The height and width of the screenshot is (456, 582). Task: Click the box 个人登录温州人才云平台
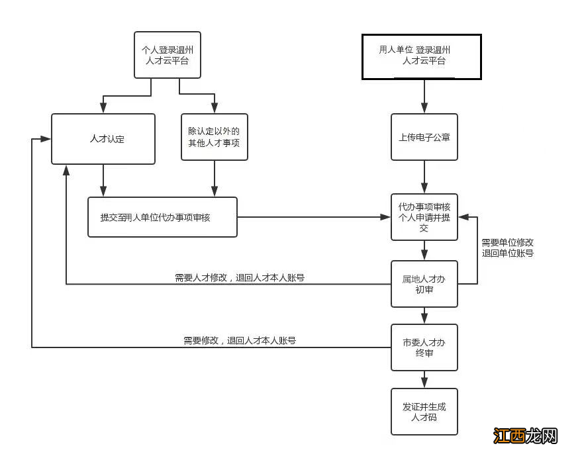(167, 55)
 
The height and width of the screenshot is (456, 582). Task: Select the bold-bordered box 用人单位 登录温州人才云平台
(421, 57)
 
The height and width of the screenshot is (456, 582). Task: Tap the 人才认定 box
(103, 139)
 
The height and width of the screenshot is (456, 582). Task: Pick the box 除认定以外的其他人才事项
(215, 137)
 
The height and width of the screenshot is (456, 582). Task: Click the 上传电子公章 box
(424, 138)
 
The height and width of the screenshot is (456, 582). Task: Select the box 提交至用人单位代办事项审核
(162, 217)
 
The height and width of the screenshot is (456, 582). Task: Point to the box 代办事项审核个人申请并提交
(424, 217)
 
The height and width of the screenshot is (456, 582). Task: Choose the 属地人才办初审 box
(424, 284)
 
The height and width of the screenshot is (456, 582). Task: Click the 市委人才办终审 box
(424, 347)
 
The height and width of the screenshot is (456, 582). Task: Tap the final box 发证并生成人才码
(424, 412)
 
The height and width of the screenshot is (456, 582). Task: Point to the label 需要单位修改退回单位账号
(507, 248)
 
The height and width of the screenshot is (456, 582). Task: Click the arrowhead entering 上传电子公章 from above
(424, 109)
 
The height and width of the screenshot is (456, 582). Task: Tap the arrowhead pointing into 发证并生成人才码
(424, 383)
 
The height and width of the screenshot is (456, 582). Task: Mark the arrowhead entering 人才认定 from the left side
(46, 139)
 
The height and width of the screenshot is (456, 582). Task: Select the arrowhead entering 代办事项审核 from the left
(385, 217)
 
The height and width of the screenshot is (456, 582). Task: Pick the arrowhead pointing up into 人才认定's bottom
(66, 169)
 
